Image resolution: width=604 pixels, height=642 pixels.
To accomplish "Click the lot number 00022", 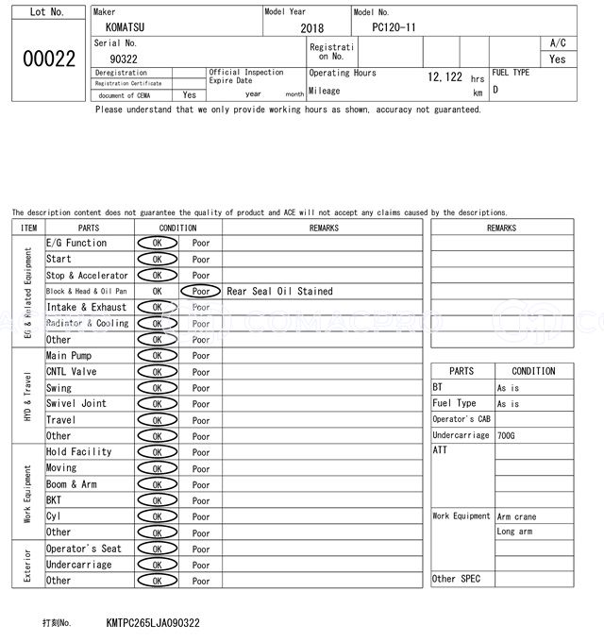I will point(49,59).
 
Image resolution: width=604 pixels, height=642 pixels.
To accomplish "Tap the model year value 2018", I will point(311,28).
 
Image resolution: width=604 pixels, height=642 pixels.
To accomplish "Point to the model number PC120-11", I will point(394,27).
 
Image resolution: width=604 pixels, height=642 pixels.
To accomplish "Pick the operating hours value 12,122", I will point(445,77).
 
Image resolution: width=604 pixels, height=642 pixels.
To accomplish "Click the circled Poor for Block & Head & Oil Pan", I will point(201,292).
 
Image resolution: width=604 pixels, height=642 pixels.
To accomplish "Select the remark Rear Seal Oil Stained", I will point(279,292).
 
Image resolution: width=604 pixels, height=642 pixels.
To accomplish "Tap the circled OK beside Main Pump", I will point(157,356).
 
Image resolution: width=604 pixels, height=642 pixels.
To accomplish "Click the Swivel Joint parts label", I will point(76,403).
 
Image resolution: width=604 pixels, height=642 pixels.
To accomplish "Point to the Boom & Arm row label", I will point(72,484).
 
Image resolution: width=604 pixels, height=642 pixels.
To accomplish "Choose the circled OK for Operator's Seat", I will point(157,549).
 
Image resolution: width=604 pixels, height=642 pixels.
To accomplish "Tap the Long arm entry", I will point(514,532).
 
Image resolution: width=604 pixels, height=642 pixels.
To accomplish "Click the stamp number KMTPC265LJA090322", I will point(153,624).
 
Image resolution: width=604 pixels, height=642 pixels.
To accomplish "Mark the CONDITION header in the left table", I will point(177,228).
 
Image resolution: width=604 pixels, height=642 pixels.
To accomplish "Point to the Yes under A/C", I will point(558,59).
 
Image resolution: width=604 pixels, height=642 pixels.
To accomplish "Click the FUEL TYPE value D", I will point(495,90).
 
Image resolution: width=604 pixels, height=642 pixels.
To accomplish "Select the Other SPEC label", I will point(456,579).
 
